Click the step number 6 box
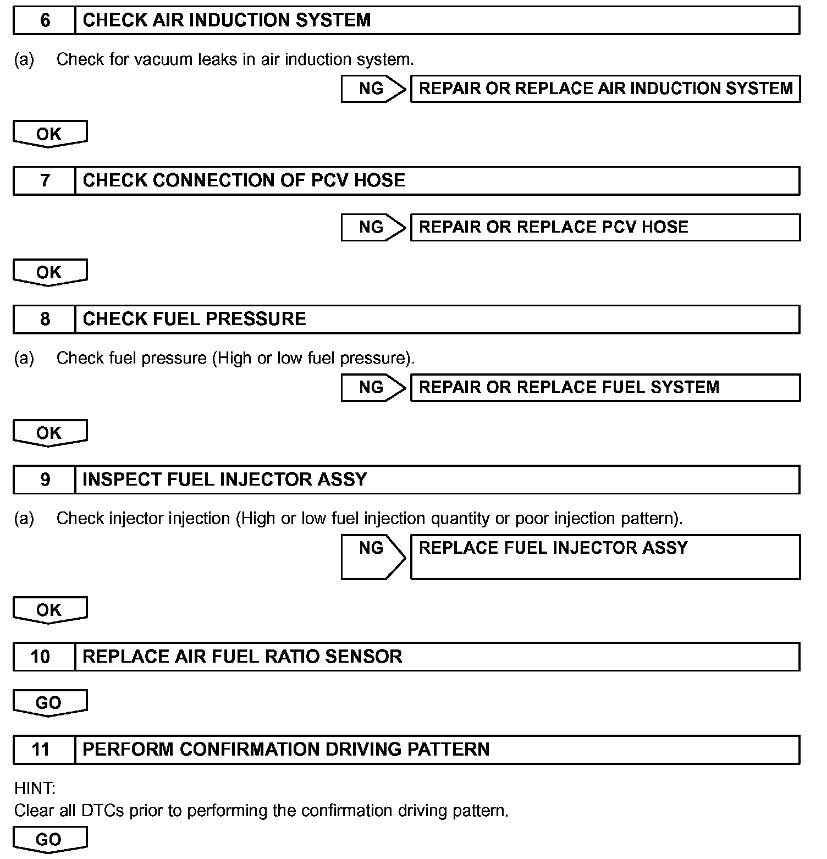coord(44,20)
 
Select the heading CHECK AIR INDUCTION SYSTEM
coord(227,20)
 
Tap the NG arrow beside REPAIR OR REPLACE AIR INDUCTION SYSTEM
coord(372,89)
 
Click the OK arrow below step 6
coord(49,134)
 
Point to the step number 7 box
coord(44,180)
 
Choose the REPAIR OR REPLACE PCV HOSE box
coord(605,227)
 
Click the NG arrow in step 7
coord(372,227)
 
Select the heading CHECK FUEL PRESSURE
coord(194,319)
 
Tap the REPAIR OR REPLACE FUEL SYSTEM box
coord(605,387)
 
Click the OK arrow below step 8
coord(49,433)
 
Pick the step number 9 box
coord(44,480)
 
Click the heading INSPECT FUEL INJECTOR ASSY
coord(224,480)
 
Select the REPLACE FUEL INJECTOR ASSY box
coord(605,557)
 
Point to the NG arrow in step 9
coord(372,557)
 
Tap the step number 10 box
coord(41,656)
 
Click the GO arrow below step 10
coord(49,703)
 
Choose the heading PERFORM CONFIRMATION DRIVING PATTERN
coord(286,749)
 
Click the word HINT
coord(34,789)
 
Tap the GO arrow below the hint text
coord(49,840)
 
